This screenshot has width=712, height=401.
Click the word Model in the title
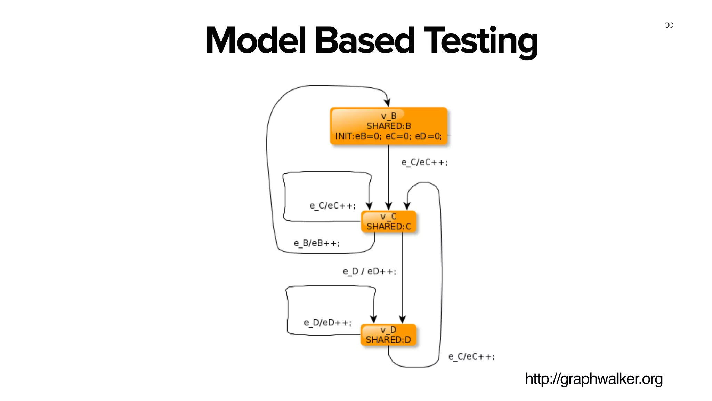[x=256, y=41]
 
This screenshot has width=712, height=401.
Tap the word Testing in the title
[x=480, y=41]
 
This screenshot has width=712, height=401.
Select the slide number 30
[x=669, y=25]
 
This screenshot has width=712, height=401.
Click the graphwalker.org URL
[x=594, y=379]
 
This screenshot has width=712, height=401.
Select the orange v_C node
[x=388, y=221]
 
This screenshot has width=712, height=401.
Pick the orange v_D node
[x=388, y=335]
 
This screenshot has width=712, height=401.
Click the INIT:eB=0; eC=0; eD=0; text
[x=388, y=136]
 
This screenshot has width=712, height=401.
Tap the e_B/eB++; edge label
[x=316, y=243]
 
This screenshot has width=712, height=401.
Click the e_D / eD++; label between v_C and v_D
[x=369, y=271]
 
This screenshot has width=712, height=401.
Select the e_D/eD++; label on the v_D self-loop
[x=327, y=323]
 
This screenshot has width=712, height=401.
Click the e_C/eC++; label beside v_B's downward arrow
[x=424, y=163]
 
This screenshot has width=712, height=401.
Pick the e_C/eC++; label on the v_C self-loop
[x=332, y=206]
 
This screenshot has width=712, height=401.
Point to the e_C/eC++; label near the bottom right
[x=471, y=357]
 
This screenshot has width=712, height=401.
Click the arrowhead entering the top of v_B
[x=387, y=102]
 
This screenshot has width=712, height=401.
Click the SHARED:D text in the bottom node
[x=388, y=340]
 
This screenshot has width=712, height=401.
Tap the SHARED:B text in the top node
[x=388, y=126]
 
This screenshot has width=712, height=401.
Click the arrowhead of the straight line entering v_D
[x=402, y=319]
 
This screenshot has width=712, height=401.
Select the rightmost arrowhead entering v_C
[x=407, y=206]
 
